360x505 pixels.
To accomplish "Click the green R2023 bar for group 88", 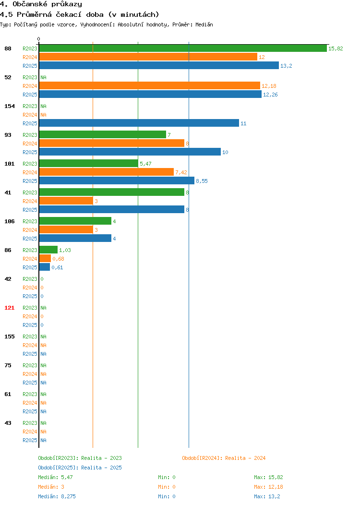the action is [x=183, y=48].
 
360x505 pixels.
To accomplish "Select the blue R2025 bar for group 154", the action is [x=139, y=123].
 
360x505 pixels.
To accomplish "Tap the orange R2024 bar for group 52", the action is [x=150, y=85].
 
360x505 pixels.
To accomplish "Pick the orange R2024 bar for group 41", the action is [x=66, y=201].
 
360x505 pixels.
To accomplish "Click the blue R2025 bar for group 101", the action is [x=117, y=180].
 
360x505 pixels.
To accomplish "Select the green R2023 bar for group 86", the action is [x=48, y=250].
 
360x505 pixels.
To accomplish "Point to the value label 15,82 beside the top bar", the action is [x=336, y=48].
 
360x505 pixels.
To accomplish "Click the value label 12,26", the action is [x=270, y=95].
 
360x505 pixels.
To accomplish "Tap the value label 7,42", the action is [x=181, y=173].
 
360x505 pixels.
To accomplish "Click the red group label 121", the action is [x=9, y=308].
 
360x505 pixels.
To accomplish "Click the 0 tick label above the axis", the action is [x=39, y=39].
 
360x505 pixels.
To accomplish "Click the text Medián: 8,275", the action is [x=57, y=497].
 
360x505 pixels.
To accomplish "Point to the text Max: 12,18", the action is [x=268, y=487].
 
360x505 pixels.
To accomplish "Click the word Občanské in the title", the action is [x=30, y=4].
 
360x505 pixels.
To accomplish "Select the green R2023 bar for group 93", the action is [x=103, y=134].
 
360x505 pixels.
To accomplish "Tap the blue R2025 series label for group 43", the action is [x=30, y=440].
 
